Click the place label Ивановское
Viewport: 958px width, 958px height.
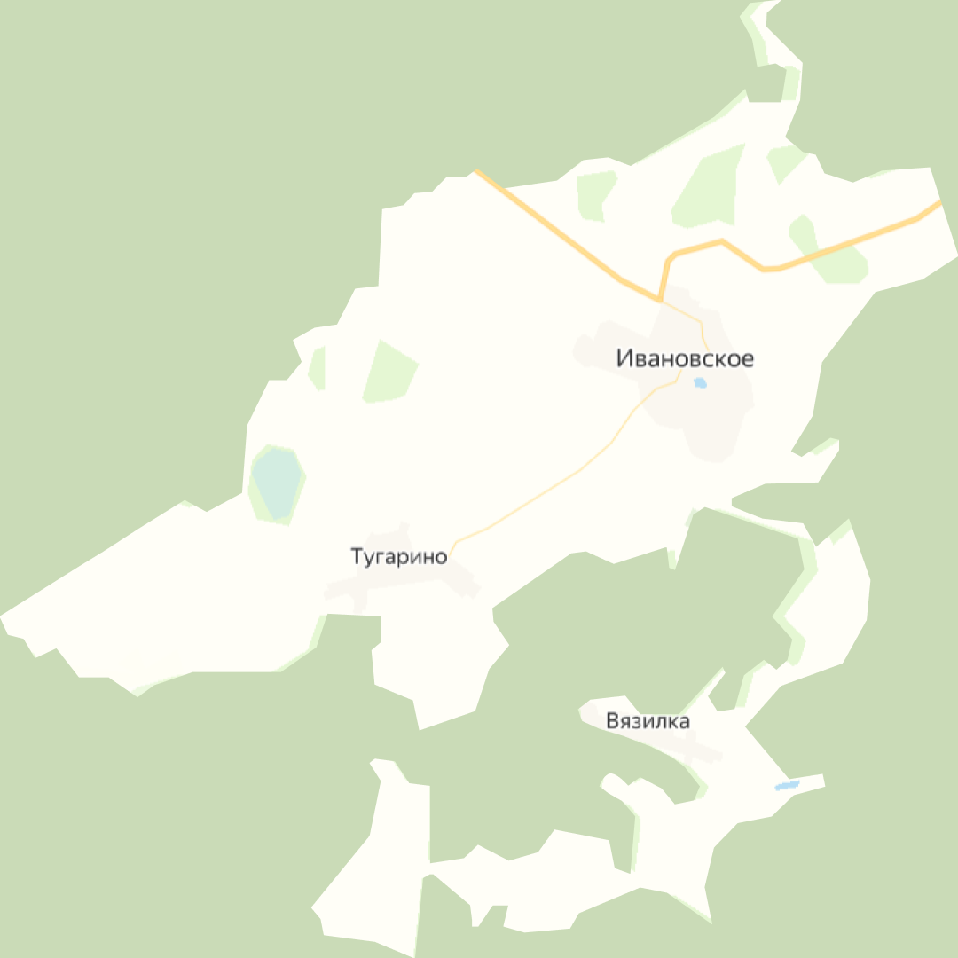click(x=685, y=359)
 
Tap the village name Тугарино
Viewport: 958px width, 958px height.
click(x=399, y=558)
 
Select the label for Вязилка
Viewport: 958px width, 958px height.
click(x=648, y=721)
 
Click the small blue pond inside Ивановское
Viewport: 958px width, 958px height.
click(x=700, y=383)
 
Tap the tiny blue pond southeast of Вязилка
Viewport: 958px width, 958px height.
click(x=787, y=785)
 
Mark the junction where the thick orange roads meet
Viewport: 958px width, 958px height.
click(x=662, y=299)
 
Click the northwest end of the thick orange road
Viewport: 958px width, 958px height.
click(x=476, y=170)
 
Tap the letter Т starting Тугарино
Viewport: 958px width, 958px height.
click(x=357, y=558)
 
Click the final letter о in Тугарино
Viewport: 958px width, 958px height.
click(x=441, y=558)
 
